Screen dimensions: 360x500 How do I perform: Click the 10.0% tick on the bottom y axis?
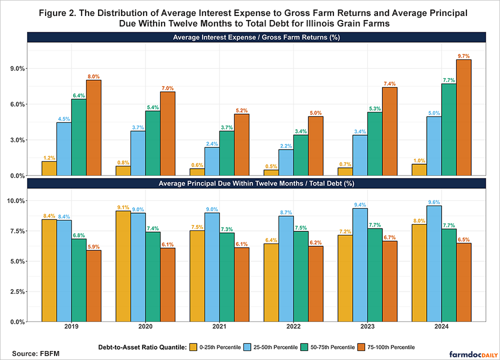pyautogui.click(x=17, y=201)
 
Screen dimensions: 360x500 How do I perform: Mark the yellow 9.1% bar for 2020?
pyautogui.click(x=123, y=266)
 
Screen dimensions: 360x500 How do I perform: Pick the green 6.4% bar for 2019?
pyautogui.click(x=78, y=137)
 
